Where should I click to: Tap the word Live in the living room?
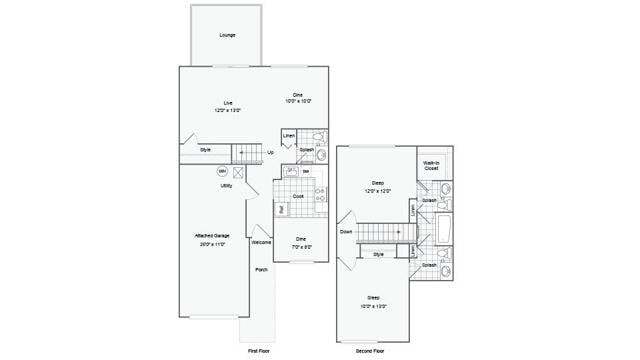[228, 103]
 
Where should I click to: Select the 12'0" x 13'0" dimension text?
[228, 110]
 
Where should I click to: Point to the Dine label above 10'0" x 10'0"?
[297, 94]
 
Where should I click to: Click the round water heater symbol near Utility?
[222, 171]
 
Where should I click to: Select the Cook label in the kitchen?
[298, 196]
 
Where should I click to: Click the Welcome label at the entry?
[261, 242]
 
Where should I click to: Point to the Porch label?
[261, 270]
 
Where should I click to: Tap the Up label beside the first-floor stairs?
[270, 153]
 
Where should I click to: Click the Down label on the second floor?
[345, 231]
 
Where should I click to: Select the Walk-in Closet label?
[431, 166]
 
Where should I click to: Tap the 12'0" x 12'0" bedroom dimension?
[378, 190]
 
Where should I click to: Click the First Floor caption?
[259, 352]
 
